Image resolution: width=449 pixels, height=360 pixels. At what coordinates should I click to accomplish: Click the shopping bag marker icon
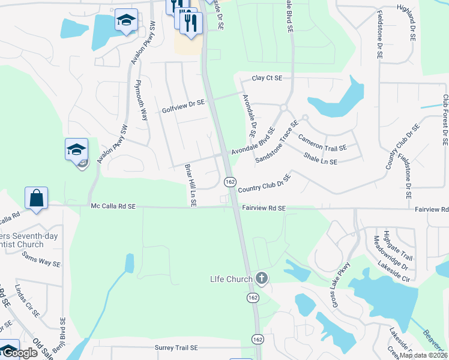(x=36, y=197)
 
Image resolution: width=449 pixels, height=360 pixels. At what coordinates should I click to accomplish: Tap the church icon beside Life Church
(x=261, y=278)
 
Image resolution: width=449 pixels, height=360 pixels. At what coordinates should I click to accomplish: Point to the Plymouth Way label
(x=142, y=100)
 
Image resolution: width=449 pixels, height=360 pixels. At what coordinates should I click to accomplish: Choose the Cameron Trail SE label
(x=322, y=142)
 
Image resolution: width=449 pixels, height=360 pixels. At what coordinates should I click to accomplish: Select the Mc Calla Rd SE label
(x=113, y=206)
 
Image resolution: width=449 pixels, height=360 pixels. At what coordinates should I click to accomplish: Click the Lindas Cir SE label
(x=28, y=301)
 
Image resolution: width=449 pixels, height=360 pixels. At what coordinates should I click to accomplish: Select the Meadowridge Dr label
(x=382, y=253)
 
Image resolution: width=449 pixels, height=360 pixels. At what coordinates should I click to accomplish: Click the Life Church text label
(x=231, y=279)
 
